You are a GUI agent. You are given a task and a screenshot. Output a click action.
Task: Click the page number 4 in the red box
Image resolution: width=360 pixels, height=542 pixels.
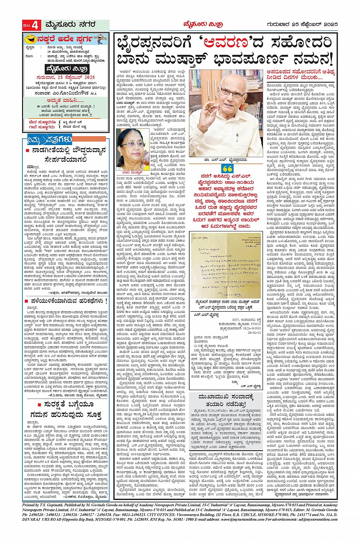coord(35,25)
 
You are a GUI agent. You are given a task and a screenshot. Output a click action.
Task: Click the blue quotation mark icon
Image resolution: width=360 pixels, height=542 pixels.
coord(227,169)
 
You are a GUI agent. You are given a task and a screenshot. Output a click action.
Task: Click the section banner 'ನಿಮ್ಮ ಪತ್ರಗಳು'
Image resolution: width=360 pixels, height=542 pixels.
coord(50,140)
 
